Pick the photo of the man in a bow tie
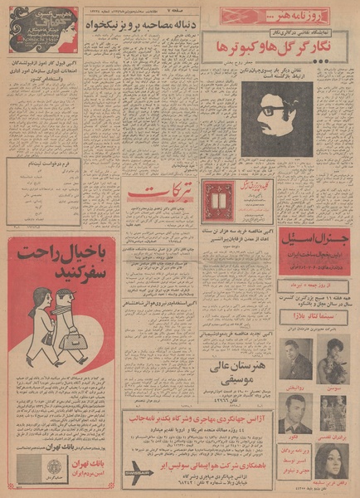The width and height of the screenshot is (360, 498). tap(294, 404)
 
